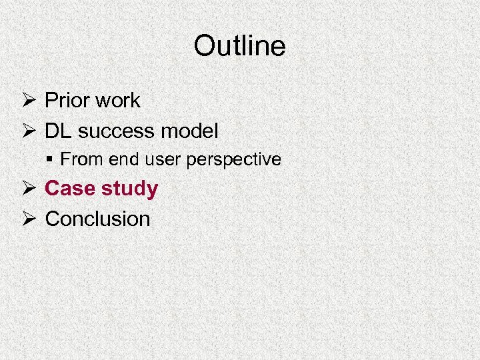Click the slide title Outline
pyautogui.click(x=239, y=46)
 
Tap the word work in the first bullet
pyautogui.click(x=117, y=101)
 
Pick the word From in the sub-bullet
pyautogui.click(x=75, y=160)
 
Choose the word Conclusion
pyautogui.click(x=97, y=219)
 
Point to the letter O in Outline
pyautogui.click(x=203, y=46)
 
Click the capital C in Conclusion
pyautogui.click(x=53, y=219)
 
